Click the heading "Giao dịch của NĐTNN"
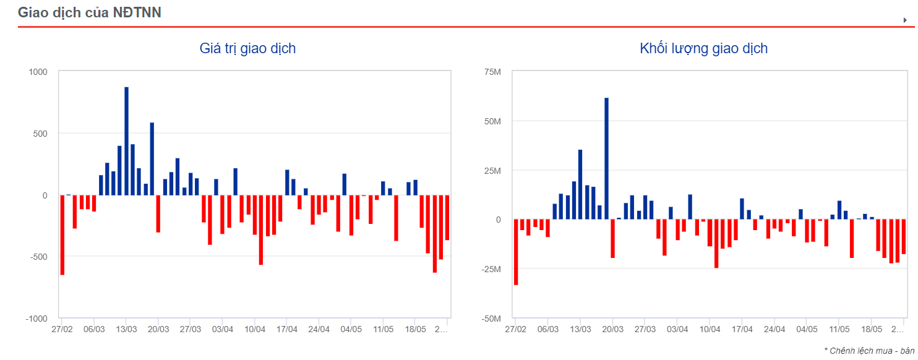[x=90, y=12]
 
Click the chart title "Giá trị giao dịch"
[x=247, y=48]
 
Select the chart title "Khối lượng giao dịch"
[x=703, y=48]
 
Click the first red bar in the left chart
[x=62, y=234]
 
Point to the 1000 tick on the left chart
[x=38, y=72]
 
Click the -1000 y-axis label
[x=36, y=318]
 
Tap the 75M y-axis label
[x=492, y=72]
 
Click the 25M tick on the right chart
[x=492, y=171]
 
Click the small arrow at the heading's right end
[x=905, y=20]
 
